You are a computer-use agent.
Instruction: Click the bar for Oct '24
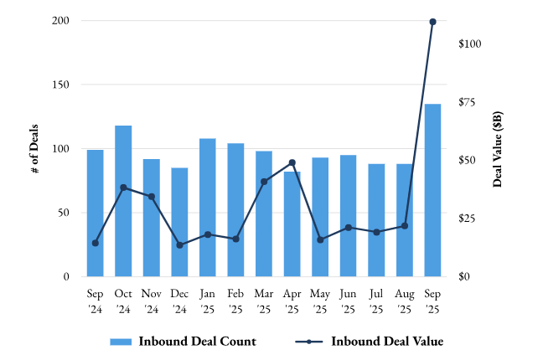[123, 201]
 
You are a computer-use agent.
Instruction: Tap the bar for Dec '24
[179, 222]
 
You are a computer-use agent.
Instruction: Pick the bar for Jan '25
[208, 207]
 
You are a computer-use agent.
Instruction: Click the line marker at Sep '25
[432, 22]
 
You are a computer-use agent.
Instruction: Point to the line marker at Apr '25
[292, 162]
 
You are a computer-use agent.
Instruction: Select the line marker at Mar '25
[264, 182]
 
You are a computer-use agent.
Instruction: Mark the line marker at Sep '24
[96, 243]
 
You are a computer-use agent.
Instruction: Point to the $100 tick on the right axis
[470, 44]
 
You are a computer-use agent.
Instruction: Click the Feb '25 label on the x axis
[235, 301]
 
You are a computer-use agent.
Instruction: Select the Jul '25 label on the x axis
[376, 301]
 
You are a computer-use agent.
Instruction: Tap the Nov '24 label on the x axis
[152, 301]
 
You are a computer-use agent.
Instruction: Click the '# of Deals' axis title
[34, 148]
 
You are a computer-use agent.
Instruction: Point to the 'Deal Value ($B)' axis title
[498, 148]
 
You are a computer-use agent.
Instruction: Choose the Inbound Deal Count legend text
[197, 342]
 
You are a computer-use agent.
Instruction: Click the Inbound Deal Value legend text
[386, 342]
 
